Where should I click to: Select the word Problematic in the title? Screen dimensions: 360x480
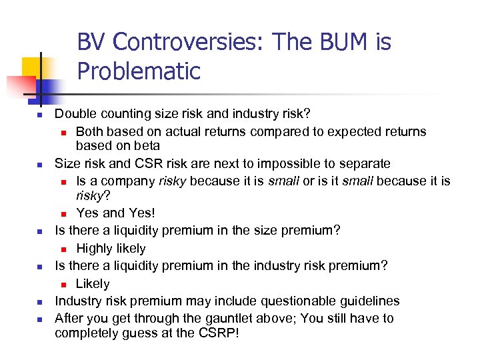click(139, 71)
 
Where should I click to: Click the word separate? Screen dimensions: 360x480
click(366, 163)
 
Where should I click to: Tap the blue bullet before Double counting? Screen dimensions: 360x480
click(39, 115)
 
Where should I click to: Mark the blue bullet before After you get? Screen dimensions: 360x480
click(39, 320)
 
